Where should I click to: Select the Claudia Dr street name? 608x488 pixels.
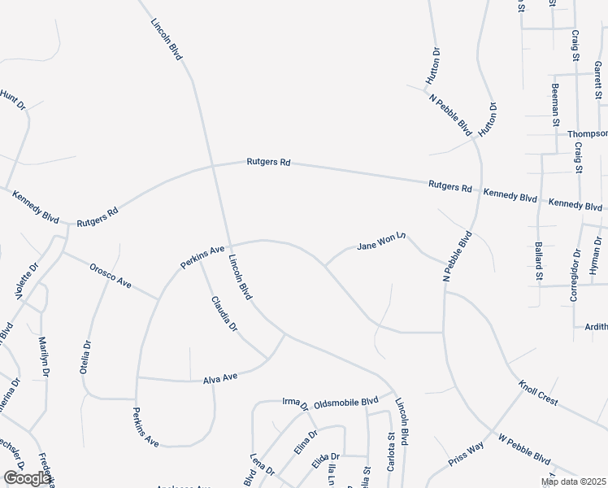coord(224,314)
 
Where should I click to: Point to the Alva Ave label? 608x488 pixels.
coord(219,377)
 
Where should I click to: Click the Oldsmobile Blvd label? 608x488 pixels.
coord(346,401)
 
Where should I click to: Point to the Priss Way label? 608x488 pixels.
coord(467,454)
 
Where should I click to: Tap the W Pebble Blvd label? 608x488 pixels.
coord(525,449)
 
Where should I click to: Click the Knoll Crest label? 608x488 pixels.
coord(537,394)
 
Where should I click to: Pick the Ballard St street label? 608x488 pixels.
coord(538,261)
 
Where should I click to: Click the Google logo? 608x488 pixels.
coord(27,478)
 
